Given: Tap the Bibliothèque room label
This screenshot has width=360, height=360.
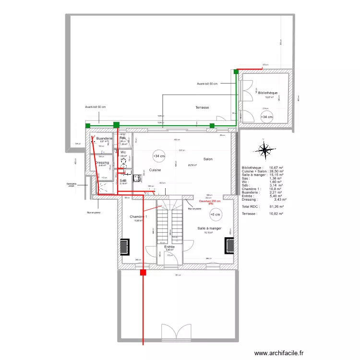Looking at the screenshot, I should click(x=268, y=93).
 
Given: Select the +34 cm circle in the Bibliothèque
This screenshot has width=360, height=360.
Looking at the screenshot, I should click(x=266, y=117).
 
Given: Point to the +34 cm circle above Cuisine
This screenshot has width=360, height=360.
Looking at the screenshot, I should click(x=158, y=156).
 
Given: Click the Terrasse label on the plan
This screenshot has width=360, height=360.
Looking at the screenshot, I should click(x=202, y=108).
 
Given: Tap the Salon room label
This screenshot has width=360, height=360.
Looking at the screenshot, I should click(x=208, y=159).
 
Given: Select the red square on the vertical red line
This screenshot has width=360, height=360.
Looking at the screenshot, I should click(x=143, y=273).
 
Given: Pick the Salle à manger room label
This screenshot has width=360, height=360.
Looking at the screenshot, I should click(x=209, y=228).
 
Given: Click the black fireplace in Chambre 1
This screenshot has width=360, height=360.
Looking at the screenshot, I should click(x=124, y=246).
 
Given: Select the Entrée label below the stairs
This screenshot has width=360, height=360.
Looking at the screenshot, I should click(x=169, y=246).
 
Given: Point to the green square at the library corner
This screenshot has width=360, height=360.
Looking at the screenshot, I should click(x=236, y=72).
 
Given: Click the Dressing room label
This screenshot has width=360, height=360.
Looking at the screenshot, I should click(x=102, y=163).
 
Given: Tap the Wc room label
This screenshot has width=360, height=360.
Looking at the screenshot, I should click(x=123, y=152).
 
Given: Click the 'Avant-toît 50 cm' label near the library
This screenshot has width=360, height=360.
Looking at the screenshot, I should click(x=207, y=84).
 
